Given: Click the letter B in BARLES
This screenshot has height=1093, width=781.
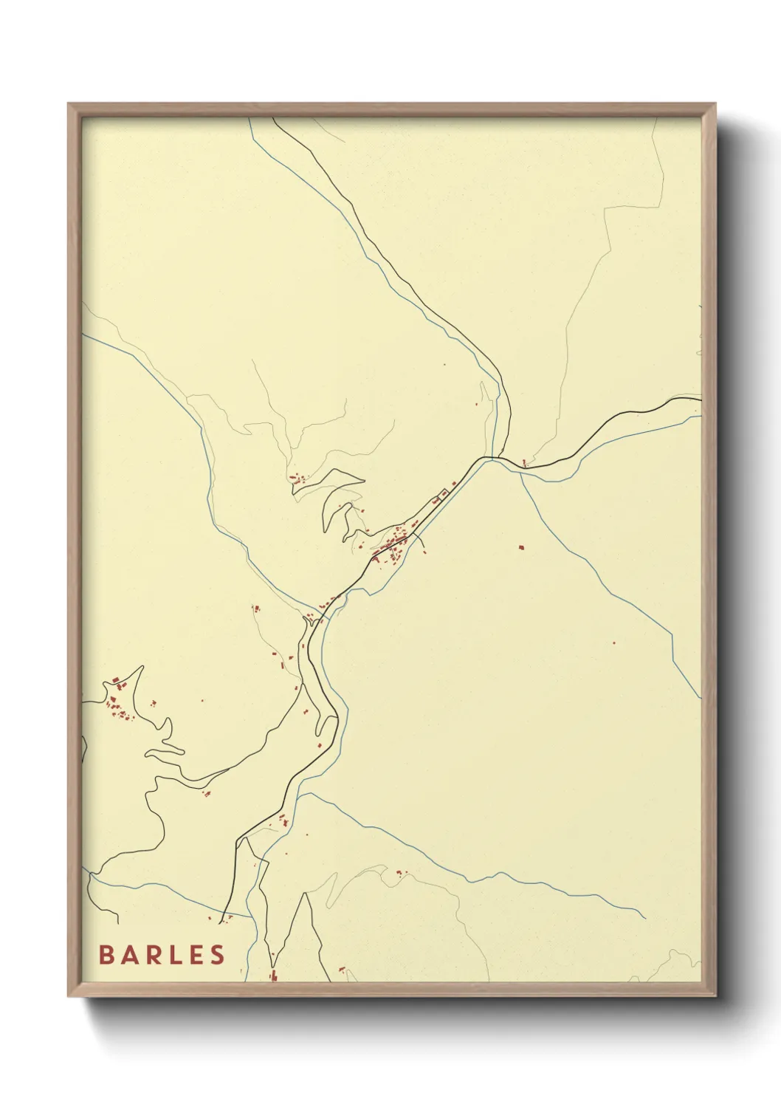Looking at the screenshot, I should point(106,955).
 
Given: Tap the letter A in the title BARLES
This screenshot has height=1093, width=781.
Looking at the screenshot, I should point(129,955).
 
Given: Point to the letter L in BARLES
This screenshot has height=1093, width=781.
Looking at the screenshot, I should point(175,955).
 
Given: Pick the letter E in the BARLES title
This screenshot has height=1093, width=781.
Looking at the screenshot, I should point(196,955).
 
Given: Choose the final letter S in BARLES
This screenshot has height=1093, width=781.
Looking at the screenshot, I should point(217,955).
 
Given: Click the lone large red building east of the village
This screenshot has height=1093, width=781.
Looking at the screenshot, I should point(521,547).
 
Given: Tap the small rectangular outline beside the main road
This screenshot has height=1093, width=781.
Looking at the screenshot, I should point(444,493).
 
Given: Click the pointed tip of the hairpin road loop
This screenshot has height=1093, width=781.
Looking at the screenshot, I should point(363,479).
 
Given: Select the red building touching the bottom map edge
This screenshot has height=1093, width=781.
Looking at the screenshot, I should point(273,976).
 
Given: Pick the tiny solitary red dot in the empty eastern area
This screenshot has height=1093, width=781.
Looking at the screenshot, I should point(613,643).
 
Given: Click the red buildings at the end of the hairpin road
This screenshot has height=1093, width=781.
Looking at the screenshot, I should point(297,479).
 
